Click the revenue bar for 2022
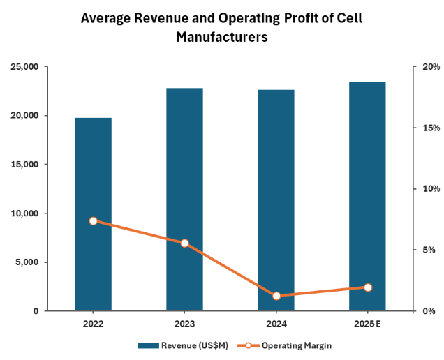[93, 214]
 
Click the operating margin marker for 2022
[93, 221]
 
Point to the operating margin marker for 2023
[184, 243]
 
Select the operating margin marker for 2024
[276, 296]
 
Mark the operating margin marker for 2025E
[367, 287]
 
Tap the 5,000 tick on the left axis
[27, 262]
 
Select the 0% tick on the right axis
[429, 311]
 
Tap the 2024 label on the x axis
[276, 324]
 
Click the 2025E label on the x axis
[367, 324]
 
